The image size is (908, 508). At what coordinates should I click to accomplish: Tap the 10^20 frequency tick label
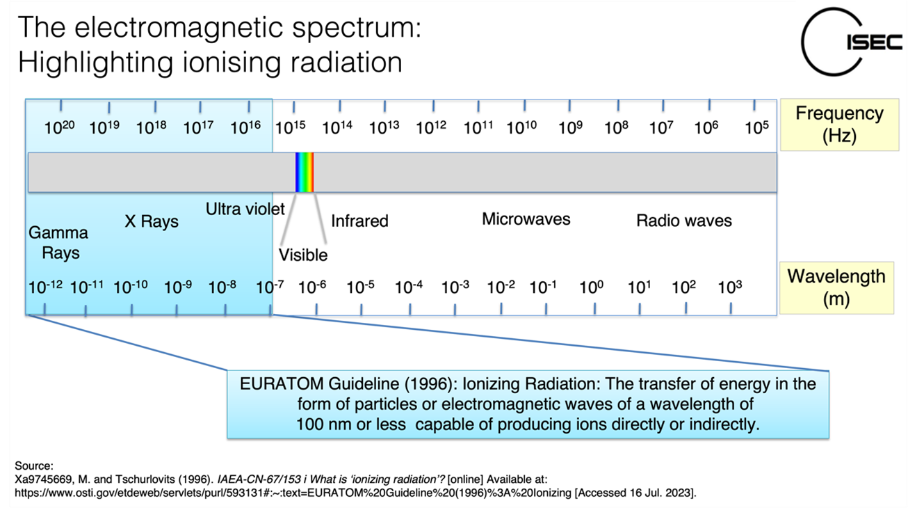[59, 128]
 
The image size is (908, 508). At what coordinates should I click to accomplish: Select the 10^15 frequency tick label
[291, 128]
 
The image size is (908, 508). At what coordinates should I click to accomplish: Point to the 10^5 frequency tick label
[756, 128]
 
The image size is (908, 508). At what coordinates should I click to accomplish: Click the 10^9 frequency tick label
[570, 128]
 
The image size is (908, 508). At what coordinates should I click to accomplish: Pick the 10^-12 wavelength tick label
[46, 287]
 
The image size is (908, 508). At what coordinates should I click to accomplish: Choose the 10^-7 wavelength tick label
[269, 287]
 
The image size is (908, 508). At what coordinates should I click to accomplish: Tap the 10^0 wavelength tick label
[591, 287]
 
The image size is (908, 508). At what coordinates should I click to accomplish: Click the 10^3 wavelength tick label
[730, 287]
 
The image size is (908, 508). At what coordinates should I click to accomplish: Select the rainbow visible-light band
[305, 172]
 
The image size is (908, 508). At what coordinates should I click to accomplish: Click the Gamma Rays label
[59, 242]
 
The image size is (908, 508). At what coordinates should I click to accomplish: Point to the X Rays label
[152, 222]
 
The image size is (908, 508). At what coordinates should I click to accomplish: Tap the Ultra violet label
[245, 209]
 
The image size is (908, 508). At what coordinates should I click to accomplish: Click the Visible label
[303, 255]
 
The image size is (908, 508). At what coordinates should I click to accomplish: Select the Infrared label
[359, 221]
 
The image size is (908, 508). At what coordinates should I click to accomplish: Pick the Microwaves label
[526, 219]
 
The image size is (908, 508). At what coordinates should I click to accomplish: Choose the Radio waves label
[684, 221]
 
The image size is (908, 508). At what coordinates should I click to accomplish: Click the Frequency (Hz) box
[839, 124]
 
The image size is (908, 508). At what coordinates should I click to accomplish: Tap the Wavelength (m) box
[836, 288]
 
